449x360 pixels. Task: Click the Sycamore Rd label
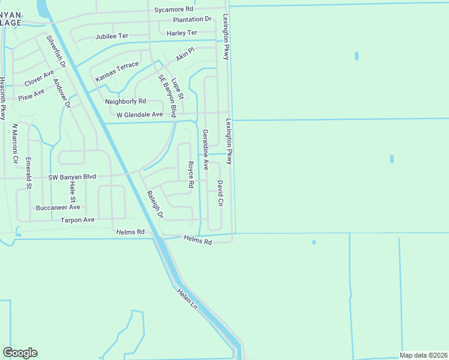tap(173, 9)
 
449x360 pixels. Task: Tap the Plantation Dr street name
tap(193, 19)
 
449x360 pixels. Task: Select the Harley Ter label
tap(182, 32)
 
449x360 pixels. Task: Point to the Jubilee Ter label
tap(112, 37)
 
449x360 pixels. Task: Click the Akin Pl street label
tap(185, 55)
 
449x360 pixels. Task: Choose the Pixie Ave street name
tap(31, 95)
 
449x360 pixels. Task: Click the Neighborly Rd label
tap(125, 101)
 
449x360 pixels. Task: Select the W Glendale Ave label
tap(139, 114)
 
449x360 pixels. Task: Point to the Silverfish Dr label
tap(55, 50)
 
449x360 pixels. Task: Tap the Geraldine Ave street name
tap(205, 148)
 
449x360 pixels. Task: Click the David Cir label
tap(220, 193)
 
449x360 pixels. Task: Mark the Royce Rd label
tap(190, 175)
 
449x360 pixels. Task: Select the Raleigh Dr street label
tap(155, 204)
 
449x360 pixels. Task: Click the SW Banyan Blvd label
tap(72, 177)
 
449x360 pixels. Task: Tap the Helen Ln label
tap(187, 298)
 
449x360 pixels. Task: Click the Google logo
tap(20, 353)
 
